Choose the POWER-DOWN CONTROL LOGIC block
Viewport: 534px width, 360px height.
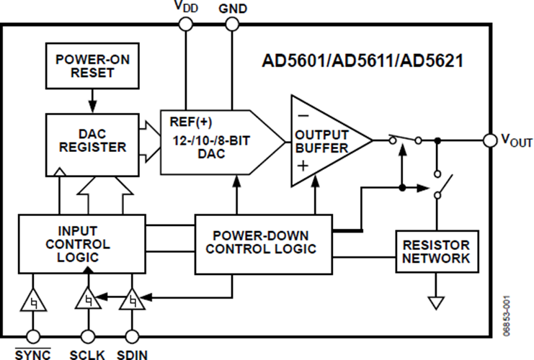point(264,243)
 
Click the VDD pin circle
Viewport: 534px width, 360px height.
point(185,24)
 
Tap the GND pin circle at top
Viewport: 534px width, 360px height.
point(232,24)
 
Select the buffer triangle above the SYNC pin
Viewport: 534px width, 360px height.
point(32,300)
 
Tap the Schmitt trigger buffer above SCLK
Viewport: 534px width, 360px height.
point(88,297)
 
